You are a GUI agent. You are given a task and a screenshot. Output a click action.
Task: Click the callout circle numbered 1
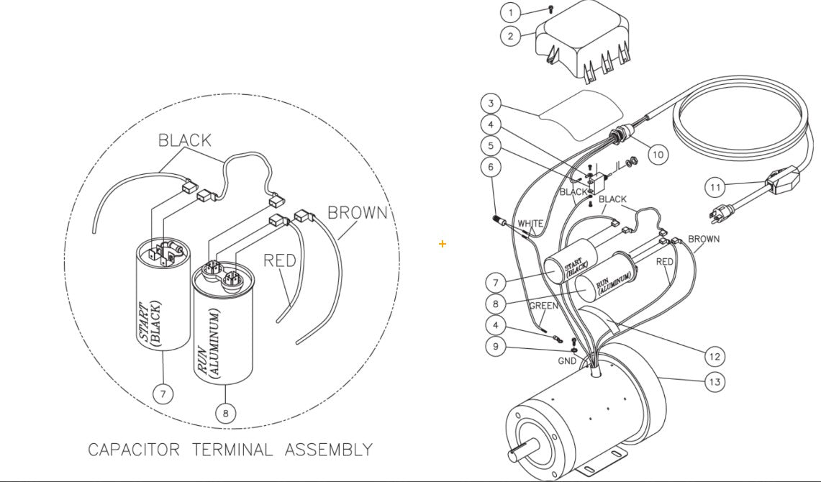[x=511, y=12]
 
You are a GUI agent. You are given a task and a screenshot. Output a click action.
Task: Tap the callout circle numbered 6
[x=491, y=167]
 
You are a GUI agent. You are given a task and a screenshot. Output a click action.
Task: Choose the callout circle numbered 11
[x=715, y=188]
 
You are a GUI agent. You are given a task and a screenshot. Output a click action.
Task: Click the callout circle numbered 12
[x=714, y=356]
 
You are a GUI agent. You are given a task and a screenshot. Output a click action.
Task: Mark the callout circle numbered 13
[x=714, y=382]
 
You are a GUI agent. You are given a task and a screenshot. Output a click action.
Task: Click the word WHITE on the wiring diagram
[x=530, y=224]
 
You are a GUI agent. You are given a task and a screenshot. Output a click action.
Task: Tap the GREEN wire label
[x=544, y=306]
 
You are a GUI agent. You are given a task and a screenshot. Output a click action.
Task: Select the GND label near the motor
[x=567, y=360]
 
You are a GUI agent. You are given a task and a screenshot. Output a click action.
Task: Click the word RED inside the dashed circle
[x=280, y=260]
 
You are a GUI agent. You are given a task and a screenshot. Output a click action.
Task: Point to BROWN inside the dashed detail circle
[x=357, y=212]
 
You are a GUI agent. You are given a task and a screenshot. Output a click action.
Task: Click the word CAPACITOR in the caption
[x=134, y=450]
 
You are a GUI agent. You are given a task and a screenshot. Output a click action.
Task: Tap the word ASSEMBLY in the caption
[x=329, y=450]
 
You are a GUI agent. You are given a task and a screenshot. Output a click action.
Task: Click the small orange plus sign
[x=442, y=244]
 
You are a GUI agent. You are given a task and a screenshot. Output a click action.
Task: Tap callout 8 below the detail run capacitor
[x=225, y=412]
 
